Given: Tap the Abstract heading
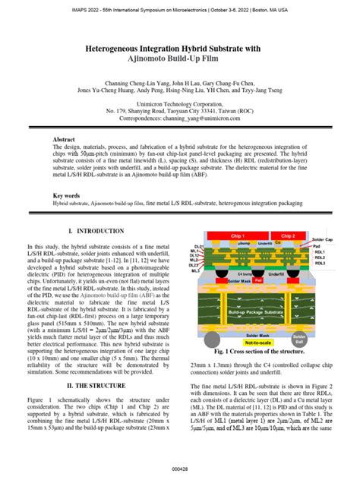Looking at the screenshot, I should (x=67, y=141).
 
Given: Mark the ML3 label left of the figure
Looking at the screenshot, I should (x=197, y=270).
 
